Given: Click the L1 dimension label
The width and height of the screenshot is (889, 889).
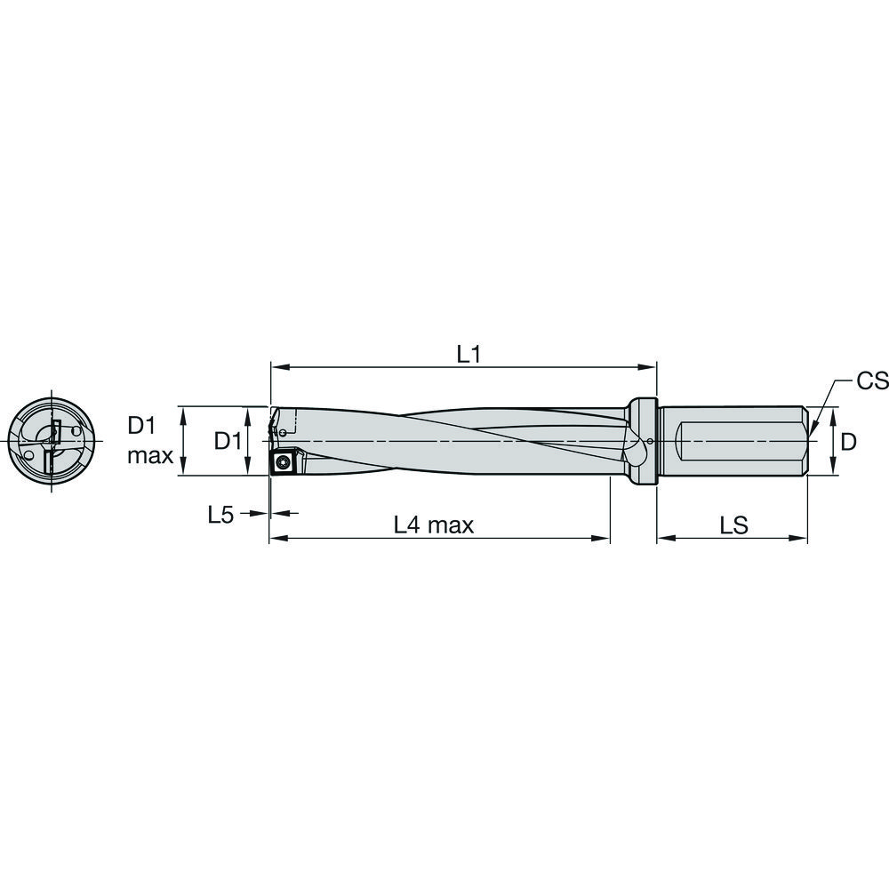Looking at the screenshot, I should [469, 354].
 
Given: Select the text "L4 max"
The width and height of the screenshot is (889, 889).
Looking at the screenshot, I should [434, 525].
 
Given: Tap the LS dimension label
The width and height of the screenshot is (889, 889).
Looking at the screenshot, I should [733, 525].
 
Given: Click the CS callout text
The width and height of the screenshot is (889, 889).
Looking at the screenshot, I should [871, 381].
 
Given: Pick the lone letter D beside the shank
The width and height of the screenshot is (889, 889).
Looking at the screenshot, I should [849, 441].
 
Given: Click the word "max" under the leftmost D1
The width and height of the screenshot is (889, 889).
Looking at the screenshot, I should [149, 457].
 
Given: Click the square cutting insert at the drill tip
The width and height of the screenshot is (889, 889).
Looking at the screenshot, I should [284, 461].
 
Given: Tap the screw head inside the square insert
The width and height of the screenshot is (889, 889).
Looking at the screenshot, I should [284, 461].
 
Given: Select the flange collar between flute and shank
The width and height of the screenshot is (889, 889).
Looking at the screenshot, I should [643, 441].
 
